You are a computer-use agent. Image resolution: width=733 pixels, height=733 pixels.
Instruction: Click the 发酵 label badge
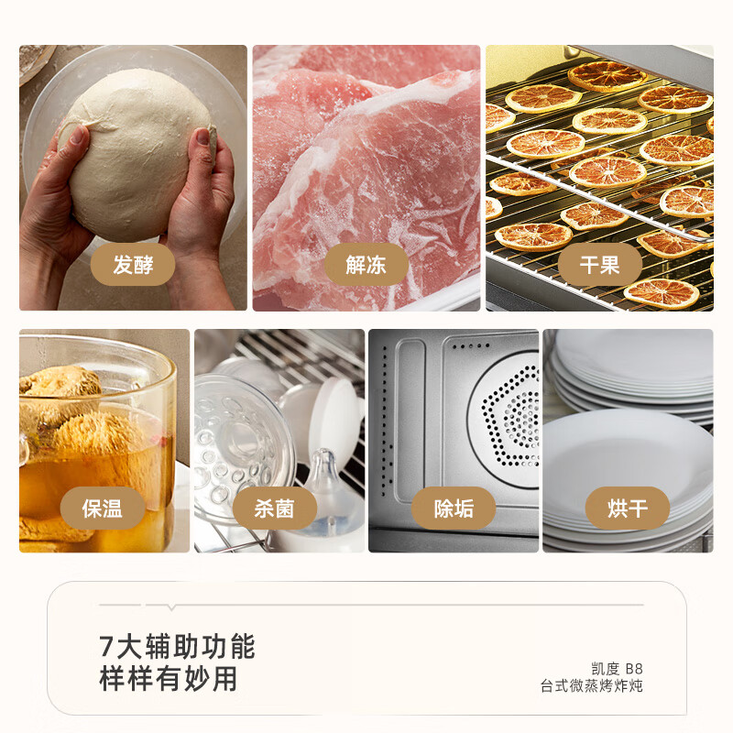(x=133, y=265)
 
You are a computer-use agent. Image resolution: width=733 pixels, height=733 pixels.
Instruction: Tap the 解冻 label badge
(x=366, y=265)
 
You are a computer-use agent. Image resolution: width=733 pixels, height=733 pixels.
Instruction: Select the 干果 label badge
(x=599, y=265)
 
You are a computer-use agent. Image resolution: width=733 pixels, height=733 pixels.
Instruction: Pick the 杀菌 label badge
(x=274, y=508)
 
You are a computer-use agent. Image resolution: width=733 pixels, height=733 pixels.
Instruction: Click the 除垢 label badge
(x=454, y=508)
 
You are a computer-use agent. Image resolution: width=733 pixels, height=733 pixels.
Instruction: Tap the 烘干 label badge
(x=628, y=508)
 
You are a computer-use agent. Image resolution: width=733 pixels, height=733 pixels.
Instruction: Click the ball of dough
(x=137, y=147)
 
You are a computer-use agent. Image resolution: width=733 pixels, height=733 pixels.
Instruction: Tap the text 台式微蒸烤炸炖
(x=591, y=685)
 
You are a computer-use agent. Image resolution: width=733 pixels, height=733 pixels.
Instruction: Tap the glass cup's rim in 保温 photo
(x=96, y=348)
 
